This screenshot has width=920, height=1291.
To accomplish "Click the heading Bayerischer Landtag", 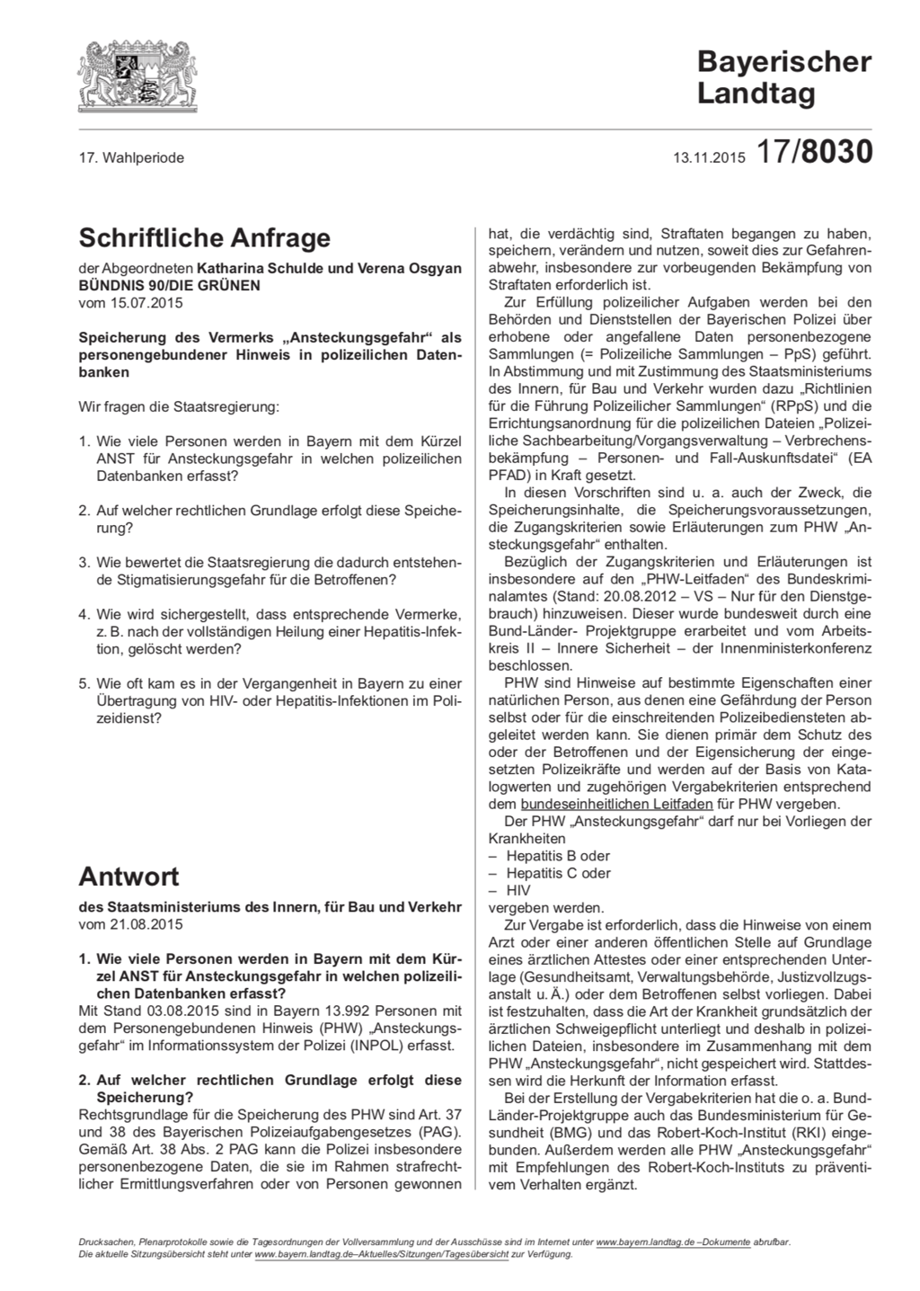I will (783, 77).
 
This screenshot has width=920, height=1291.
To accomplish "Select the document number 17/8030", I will (814, 153).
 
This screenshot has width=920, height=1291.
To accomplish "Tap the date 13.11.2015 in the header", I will (710, 158).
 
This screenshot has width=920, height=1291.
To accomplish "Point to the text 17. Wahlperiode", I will (131, 157).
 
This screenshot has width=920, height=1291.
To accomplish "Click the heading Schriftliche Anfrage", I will (205, 238).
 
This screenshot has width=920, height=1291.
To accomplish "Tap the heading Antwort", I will (128, 877).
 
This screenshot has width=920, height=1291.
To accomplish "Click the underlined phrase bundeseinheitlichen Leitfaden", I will (606, 804).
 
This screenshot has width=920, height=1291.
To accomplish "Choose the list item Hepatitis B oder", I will (557, 856).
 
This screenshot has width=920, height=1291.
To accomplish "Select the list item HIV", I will (518, 890).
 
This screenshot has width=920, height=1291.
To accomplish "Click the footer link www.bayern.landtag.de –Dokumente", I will (673, 1242).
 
